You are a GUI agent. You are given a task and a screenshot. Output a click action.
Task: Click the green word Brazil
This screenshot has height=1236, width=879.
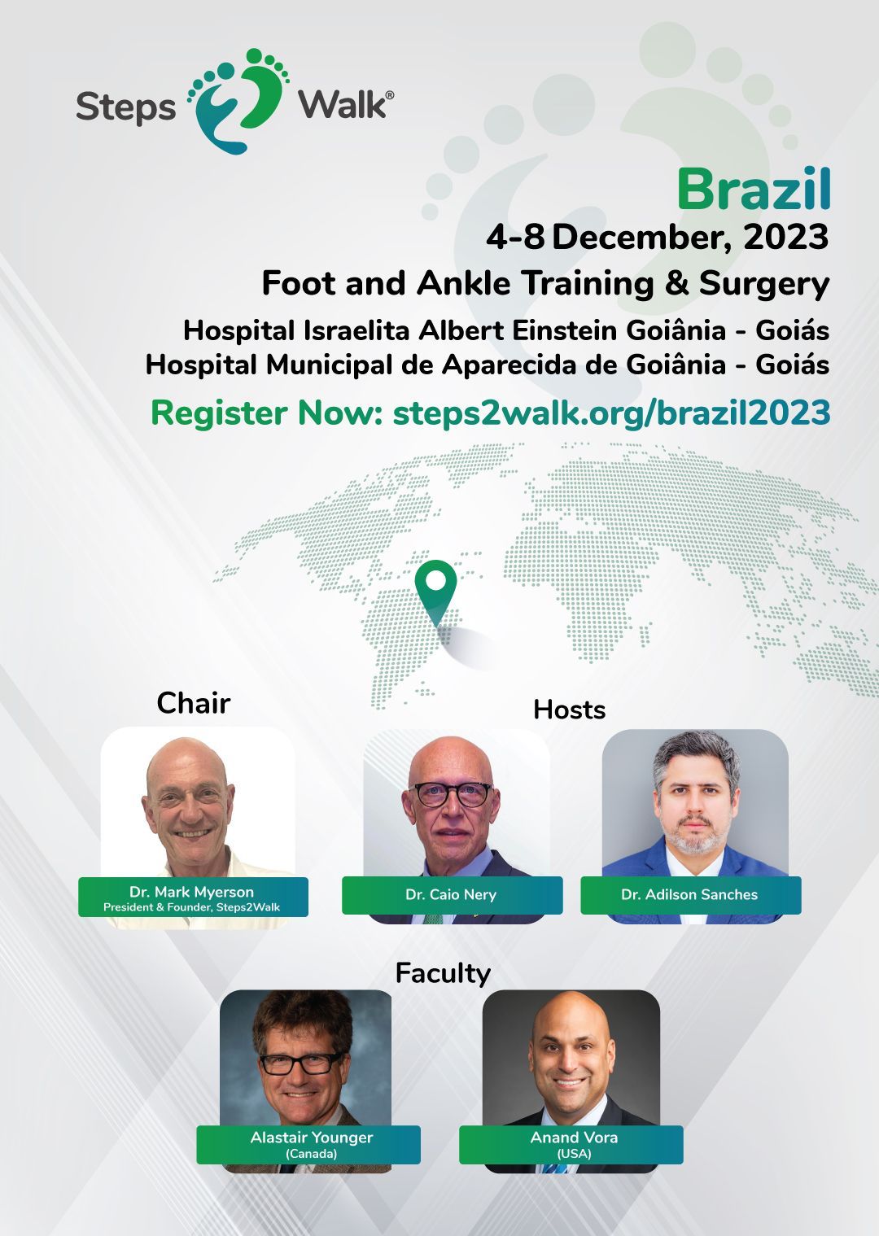point(754,190)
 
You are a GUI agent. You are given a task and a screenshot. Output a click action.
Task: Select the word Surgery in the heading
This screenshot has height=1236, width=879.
point(764,285)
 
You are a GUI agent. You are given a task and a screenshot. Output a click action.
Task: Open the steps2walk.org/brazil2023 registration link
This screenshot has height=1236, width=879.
point(611,413)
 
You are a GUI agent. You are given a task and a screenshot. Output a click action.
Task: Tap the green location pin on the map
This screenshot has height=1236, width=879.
point(436,593)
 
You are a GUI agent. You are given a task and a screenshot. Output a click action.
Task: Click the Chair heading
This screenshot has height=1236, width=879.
point(193,703)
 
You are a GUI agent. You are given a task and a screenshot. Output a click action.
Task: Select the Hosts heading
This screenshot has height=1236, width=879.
point(569,710)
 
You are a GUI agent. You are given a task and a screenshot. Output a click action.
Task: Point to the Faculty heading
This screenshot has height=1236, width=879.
point(443,973)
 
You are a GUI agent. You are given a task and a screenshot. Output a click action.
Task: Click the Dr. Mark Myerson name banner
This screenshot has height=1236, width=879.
point(193,898)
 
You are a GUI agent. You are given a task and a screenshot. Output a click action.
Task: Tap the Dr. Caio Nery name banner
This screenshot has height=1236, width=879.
point(452,895)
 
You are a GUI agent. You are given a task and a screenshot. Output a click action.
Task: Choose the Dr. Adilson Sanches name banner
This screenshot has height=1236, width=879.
point(690,895)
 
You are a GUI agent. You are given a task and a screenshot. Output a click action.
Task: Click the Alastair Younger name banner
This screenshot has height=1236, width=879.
point(308,1145)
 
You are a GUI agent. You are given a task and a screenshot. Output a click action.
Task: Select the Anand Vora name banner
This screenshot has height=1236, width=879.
point(571,1145)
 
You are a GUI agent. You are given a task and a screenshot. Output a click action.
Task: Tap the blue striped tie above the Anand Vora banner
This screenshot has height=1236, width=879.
point(553,1168)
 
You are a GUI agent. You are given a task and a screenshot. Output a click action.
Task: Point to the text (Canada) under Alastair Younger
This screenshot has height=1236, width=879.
point(311,1154)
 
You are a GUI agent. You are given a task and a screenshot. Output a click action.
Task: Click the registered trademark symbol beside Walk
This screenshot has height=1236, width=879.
point(390,95)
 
